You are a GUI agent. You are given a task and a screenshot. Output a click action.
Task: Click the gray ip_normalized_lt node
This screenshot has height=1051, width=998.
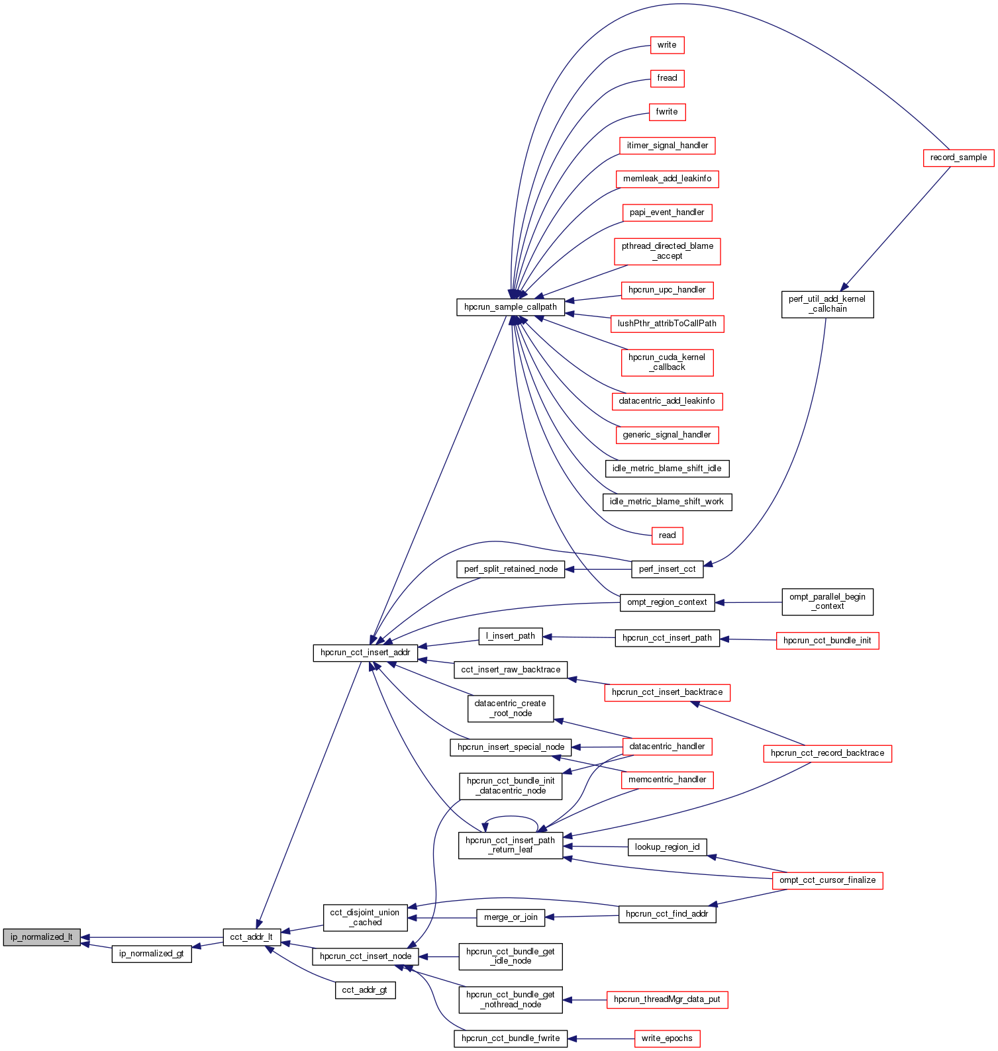click(42, 937)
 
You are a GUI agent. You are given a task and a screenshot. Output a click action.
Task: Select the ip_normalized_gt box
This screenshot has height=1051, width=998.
click(152, 954)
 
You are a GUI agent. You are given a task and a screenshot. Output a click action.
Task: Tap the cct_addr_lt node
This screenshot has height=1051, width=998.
click(252, 937)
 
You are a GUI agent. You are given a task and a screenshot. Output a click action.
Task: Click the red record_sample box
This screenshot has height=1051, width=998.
click(958, 158)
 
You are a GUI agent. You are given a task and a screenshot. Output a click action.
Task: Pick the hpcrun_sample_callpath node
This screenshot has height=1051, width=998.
click(511, 307)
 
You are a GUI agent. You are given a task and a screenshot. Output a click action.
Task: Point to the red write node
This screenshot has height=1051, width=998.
click(667, 45)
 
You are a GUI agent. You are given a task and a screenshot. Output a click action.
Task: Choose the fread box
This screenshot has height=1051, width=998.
click(667, 78)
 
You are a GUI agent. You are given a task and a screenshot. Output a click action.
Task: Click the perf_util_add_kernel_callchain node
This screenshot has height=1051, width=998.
click(827, 304)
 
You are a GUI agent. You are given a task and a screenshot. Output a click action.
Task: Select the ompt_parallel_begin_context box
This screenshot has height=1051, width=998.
click(827, 602)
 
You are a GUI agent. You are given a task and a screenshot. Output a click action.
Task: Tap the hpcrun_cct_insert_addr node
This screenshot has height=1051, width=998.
click(366, 653)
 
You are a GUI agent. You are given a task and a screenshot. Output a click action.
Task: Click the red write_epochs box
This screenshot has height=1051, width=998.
click(667, 1038)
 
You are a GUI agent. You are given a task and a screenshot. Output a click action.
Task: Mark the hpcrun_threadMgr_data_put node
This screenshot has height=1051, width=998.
click(667, 999)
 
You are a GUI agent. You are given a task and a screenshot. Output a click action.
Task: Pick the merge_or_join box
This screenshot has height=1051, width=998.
click(511, 917)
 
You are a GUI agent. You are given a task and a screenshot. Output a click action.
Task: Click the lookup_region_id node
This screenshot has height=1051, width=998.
click(667, 847)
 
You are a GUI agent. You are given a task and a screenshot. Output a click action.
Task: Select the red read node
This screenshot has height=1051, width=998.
click(667, 535)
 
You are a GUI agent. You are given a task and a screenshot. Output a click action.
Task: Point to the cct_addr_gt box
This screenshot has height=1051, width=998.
click(366, 990)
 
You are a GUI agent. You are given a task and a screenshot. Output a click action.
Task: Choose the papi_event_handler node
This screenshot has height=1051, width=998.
click(667, 212)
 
